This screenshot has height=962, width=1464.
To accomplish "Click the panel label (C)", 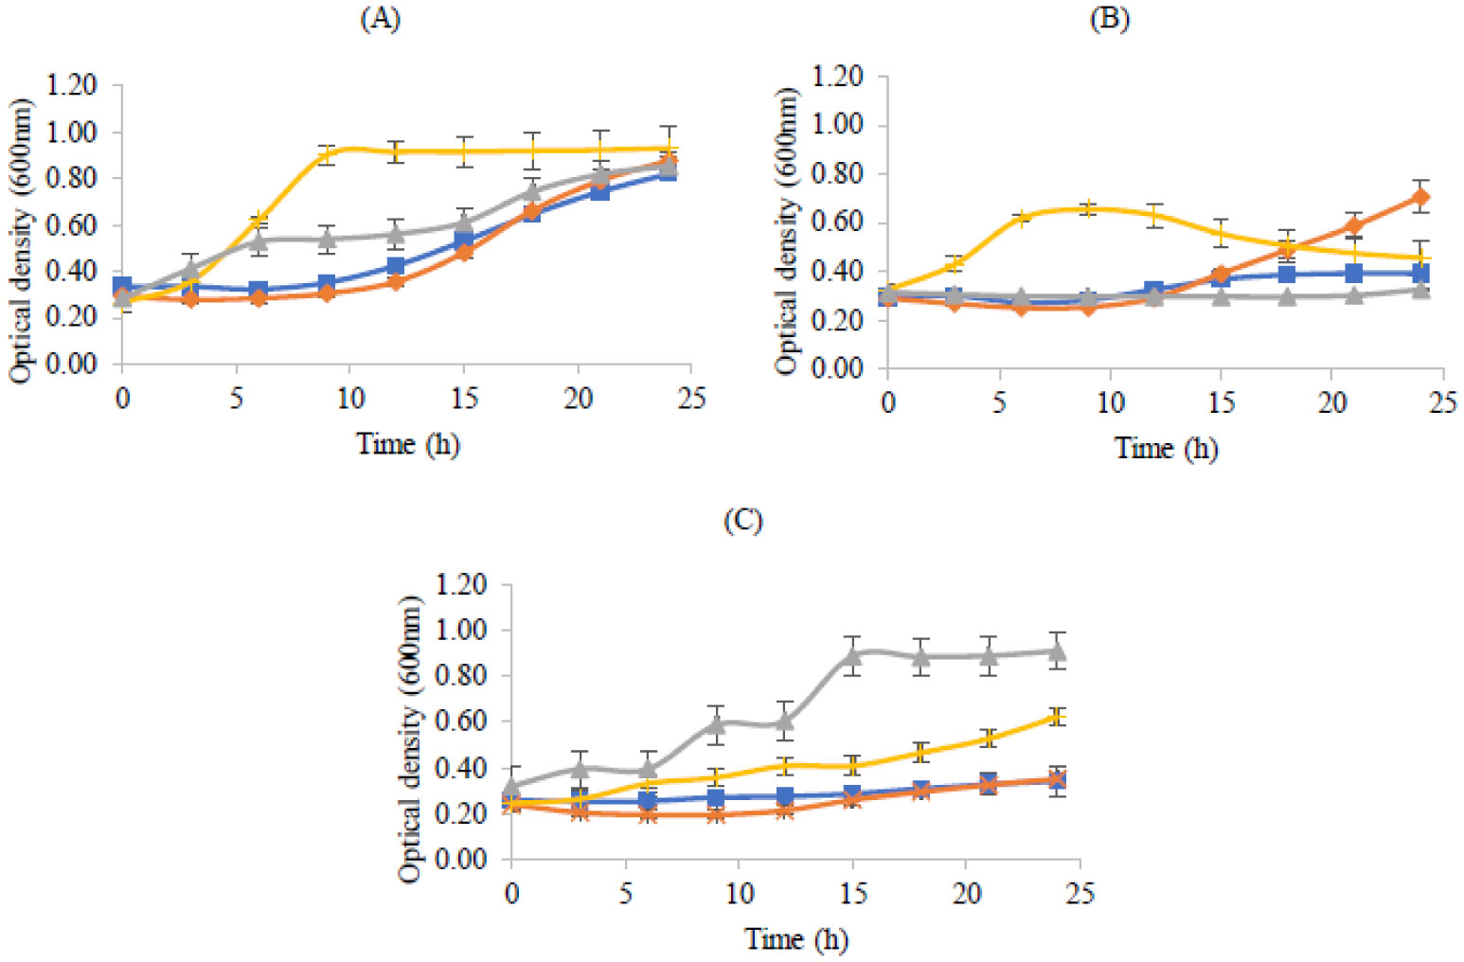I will (742, 521).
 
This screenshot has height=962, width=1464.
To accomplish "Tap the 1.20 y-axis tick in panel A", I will (75, 85).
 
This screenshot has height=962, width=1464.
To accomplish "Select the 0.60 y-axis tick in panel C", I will (463, 721).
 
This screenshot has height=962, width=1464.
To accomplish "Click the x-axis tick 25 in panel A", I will (692, 399).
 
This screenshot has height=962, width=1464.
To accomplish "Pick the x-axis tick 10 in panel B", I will (1110, 402).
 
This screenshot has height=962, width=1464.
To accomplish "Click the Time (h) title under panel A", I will (408, 443).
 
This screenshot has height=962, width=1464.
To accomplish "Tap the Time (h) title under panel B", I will (1166, 447).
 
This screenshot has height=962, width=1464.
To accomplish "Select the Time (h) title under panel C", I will (796, 938).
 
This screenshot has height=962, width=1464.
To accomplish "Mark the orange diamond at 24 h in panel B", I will (1420, 198).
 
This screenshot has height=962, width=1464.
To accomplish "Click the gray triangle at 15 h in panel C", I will (853, 655).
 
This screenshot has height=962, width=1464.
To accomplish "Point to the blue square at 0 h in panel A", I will (122, 286).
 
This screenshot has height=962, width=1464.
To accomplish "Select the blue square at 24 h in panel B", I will (1420, 274).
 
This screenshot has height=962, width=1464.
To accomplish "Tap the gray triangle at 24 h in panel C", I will (1058, 651).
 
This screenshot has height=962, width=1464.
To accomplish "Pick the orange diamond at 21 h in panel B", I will (1354, 226).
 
